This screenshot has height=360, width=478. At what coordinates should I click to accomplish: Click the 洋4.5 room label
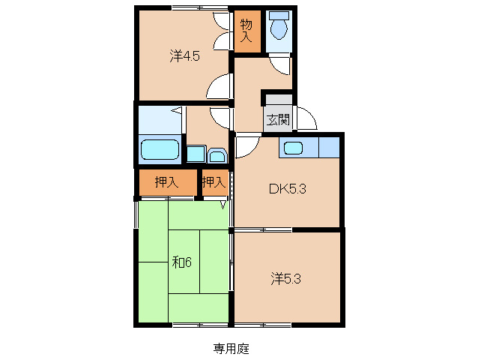[184, 55]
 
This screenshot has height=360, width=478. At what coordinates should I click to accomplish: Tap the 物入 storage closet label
[246, 30]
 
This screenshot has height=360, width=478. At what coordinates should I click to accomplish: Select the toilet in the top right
[279, 29]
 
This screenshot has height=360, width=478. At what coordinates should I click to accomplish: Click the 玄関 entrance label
[278, 118]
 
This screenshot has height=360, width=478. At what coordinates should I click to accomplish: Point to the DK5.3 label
[288, 189]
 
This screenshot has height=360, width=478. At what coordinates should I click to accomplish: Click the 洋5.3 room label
[287, 279]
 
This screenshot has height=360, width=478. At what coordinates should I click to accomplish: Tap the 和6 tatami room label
[182, 262]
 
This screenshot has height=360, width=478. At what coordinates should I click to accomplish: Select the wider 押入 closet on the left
[166, 182]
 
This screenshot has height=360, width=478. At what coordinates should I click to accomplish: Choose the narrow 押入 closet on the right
[214, 182]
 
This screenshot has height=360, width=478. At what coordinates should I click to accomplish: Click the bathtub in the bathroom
[160, 149]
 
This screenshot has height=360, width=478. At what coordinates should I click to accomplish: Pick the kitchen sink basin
[293, 148]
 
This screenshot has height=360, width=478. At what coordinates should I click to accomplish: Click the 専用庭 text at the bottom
[231, 349]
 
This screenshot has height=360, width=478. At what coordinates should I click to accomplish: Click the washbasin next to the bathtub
[217, 155]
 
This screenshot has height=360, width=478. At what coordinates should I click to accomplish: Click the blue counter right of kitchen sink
[329, 148]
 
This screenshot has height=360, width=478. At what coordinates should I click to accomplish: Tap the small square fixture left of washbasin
[194, 154]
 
